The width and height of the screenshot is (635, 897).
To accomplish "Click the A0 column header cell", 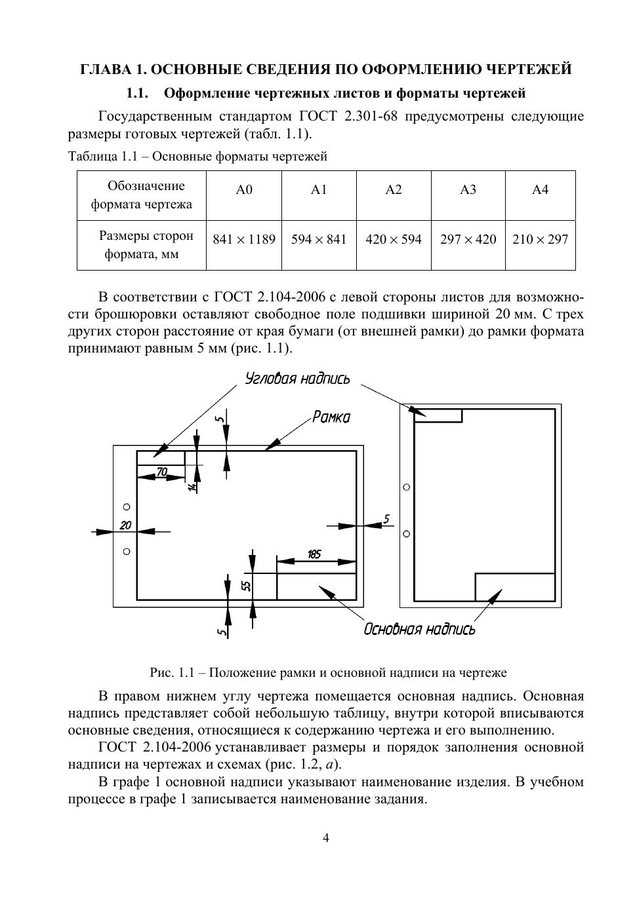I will pyautogui.click(x=244, y=190).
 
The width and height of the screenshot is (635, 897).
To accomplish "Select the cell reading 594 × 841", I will pyautogui.click(x=319, y=239).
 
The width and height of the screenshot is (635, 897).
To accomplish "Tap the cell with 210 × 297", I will pyautogui.click(x=540, y=239).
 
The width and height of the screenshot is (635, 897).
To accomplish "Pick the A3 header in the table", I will pyautogui.click(x=468, y=190).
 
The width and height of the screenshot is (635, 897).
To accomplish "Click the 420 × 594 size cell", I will pyautogui.click(x=394, y=239).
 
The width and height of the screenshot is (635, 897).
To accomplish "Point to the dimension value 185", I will pyautogui.click(x=314, y=554).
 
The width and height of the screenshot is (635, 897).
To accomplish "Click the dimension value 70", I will pyautogui.click(x=161, y=472).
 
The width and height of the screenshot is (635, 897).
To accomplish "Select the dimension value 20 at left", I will pyautogui.click(x=125, y=525).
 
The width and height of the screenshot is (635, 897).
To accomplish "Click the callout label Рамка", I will pyautogui.click(x=331, y=417).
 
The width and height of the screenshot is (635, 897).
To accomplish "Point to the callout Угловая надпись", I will pyautogui.click(x=297, y=379).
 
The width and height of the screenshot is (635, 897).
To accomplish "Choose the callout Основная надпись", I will pyautogui.click(x=419, y=630).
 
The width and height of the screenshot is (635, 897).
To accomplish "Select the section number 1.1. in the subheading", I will pyautogui.click(x=138, y=94).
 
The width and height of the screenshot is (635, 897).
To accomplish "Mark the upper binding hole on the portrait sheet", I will pyautogui.click(x=407, y=487).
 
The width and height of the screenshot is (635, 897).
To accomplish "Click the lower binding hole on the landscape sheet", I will pyautogui.click(x=127, y=551).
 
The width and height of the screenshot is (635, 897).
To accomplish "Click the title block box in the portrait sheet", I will pyautogui.click(x=515, y=586).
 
